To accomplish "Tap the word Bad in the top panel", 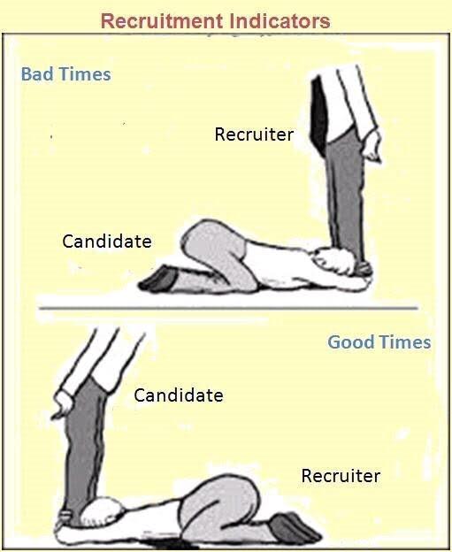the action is [x=37, y=74].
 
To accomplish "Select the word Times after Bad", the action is [x=85, y=74].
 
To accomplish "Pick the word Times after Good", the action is [x=405, y=342].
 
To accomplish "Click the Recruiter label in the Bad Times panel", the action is [x=254, y=134].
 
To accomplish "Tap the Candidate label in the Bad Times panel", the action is [x=107, y=241].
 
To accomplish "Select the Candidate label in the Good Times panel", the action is [x=179, y=395].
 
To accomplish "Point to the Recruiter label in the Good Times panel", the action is [x=341, y=476].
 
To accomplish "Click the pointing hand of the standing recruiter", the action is [x=372, y=148].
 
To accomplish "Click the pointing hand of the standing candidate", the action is [x=63, y=405].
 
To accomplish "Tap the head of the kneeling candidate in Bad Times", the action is [x=334, y=261].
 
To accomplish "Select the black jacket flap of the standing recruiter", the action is [x=319, y=113].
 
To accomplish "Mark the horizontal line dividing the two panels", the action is [x=228, y=309].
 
